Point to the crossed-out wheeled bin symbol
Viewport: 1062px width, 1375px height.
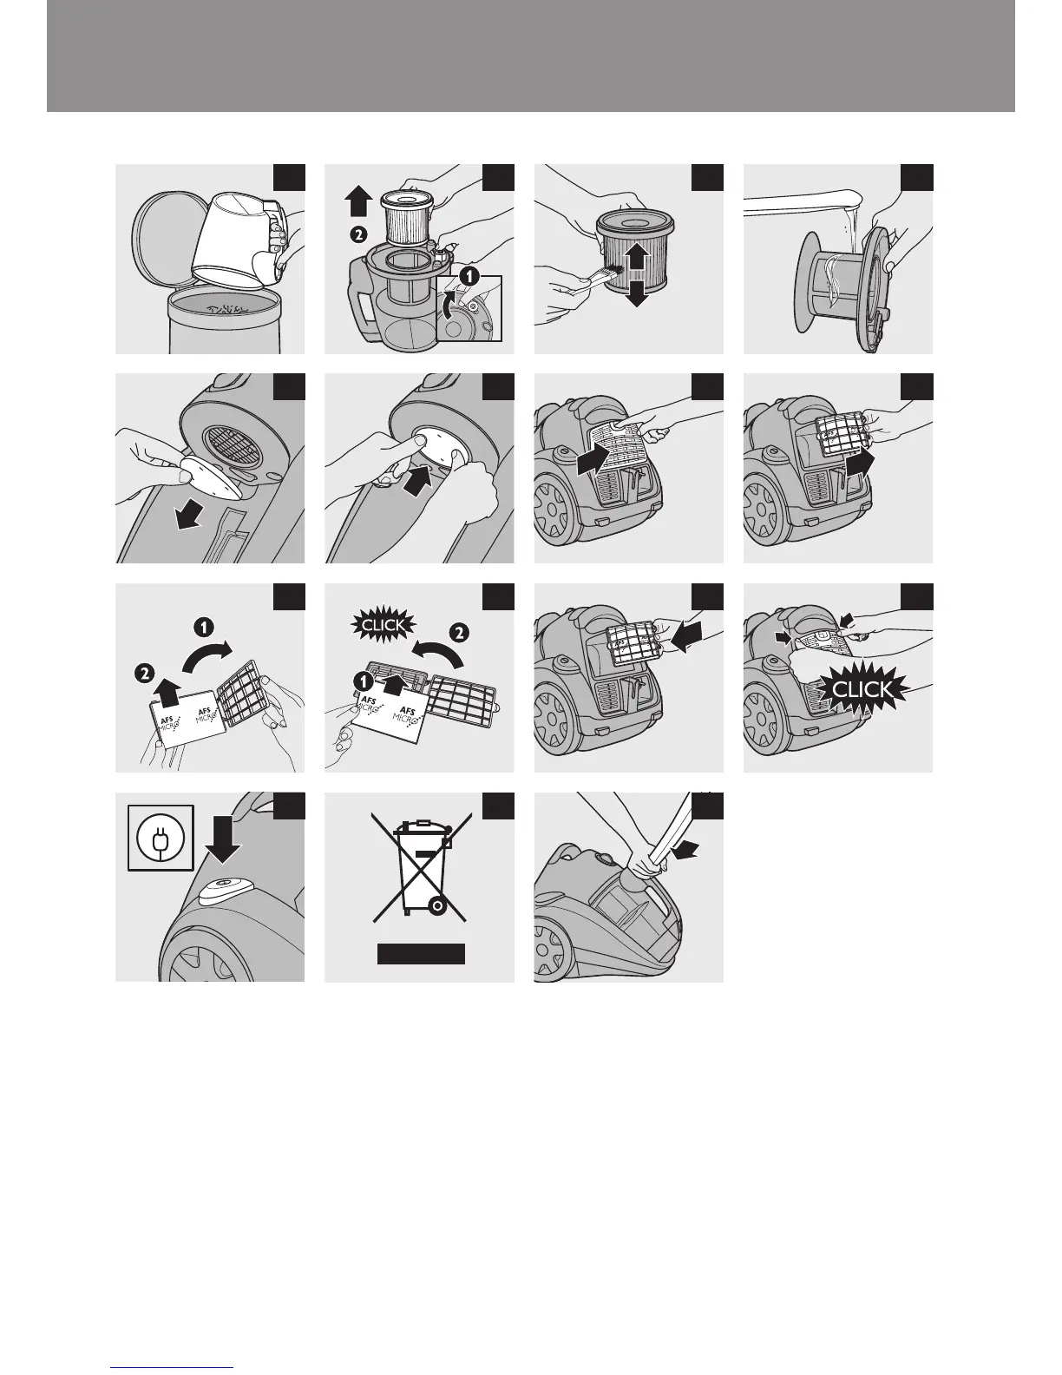point(420,867)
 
